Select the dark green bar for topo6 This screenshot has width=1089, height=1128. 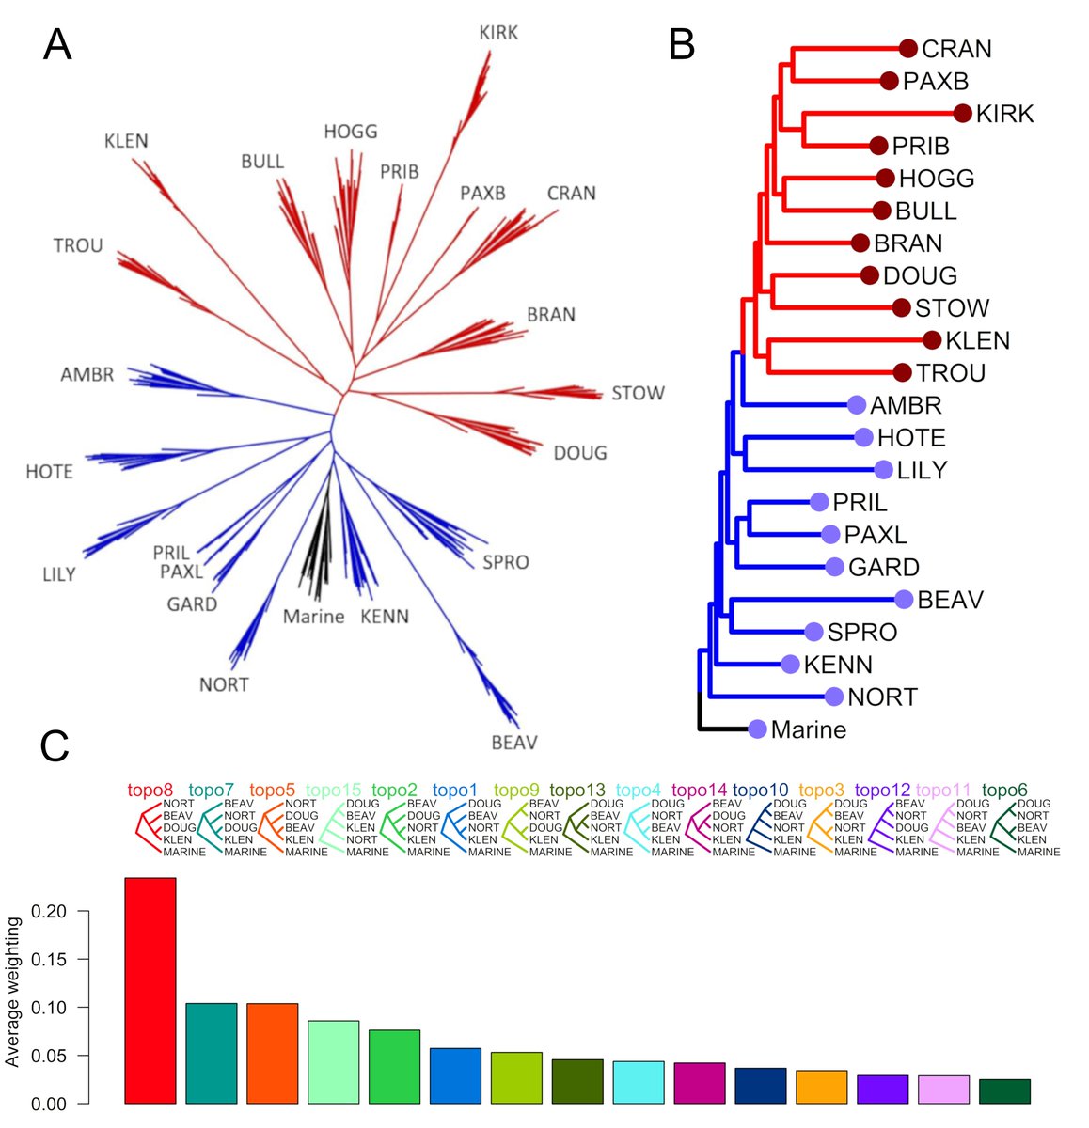(1004, 1091)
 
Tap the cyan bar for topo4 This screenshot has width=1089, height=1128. (639, 1082)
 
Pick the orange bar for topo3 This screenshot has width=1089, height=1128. (821, 1087)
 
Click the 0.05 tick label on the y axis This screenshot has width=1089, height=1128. (49, 1056)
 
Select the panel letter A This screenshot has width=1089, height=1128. (57, 44)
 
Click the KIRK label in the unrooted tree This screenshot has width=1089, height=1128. (498, 33)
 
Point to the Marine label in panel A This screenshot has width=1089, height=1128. (313, 618)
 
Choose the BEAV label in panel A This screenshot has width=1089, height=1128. (514, 743)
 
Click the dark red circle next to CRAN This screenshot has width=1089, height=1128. (907, 49)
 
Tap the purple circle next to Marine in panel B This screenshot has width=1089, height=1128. (758, 729)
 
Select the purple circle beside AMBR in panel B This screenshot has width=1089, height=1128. (856, 405)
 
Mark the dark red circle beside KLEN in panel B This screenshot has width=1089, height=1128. (932, 340)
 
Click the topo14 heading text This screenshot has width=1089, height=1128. (700, 791)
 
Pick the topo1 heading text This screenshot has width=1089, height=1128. (455, 791)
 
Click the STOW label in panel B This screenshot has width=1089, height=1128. (952, 308)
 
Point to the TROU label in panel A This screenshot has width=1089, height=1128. (78, 246)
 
